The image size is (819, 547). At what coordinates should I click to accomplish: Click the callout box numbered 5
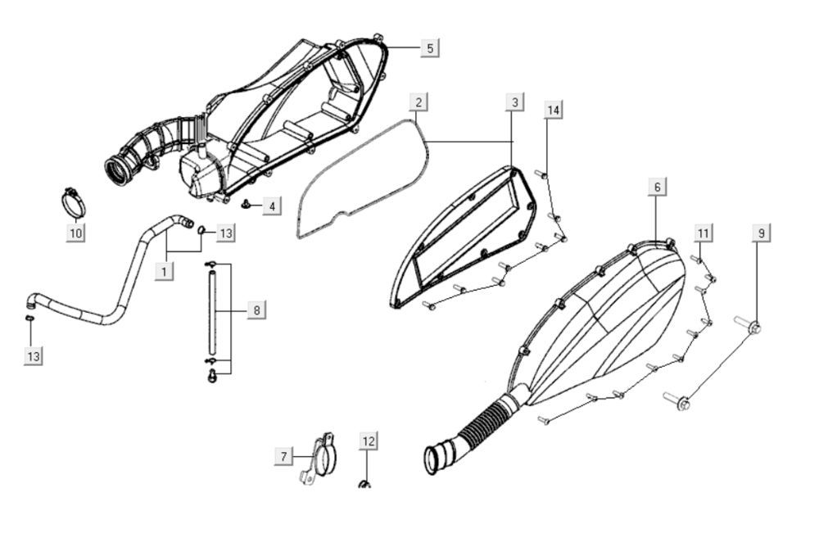point(430,47)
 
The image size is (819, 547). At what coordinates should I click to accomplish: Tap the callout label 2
point(419,102)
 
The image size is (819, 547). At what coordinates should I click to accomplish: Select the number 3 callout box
point(514,102)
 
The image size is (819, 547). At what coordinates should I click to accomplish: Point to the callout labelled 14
point(554,110)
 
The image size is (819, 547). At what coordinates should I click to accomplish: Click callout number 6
point(657,188)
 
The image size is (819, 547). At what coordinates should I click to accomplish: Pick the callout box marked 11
point(703,233)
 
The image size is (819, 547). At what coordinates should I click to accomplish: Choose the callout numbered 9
point(761,233)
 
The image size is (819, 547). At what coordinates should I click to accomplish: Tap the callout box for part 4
point(272,205)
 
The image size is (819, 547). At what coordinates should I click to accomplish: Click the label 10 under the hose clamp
point(75,233)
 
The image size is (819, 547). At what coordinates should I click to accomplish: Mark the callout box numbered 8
point(256,310)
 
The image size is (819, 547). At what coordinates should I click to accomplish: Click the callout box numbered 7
point(283,456)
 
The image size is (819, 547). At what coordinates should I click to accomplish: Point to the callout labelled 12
point(369,441)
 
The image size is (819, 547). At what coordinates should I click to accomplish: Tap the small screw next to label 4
point(246,202)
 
